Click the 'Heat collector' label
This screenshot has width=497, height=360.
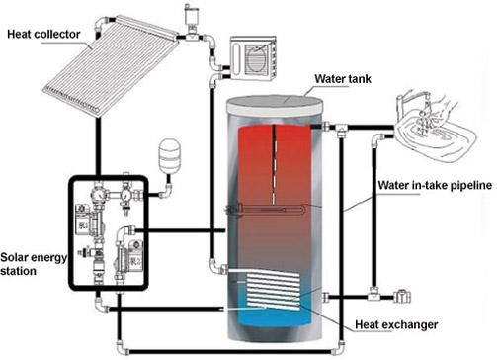(43, 34)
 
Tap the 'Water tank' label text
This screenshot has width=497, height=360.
(343, 79)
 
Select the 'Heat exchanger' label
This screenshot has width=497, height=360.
(396, 324)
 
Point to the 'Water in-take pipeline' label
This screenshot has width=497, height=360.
(435, 185)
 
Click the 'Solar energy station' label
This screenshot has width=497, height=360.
(33, 264)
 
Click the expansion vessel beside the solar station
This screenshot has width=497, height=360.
(170, 154)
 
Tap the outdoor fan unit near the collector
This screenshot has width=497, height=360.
(253, 58)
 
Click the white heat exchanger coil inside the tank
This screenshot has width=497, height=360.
(274, 290)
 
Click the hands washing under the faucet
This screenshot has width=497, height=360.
(428, 111)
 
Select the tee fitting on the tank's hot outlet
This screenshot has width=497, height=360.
(341, 130)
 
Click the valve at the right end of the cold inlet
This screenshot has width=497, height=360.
(402, 297)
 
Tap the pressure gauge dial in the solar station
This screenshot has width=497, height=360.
(99, 195)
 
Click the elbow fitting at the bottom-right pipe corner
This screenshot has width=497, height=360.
(341, 348)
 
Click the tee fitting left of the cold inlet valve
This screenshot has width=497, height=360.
(373, 293)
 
